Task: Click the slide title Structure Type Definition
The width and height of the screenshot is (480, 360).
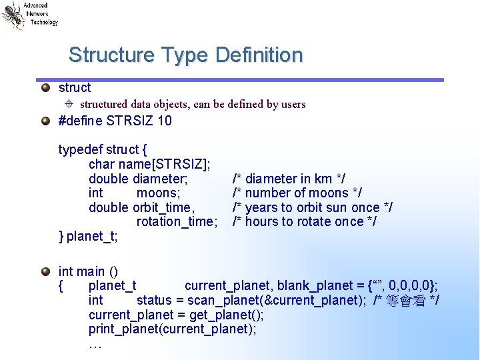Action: point(185,55)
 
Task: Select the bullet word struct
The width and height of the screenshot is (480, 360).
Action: point(75,87)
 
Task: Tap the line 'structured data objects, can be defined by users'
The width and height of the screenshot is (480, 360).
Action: point(193,104)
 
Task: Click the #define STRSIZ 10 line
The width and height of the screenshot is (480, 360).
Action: point(115,121)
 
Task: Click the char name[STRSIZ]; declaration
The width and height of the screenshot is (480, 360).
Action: point(150,164)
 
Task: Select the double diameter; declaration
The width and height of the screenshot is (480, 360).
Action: point(138,179)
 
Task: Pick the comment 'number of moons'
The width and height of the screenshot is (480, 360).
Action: point(297,193)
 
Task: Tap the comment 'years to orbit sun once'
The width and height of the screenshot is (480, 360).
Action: point(312,207)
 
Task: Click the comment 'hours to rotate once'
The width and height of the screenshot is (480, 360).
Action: point(304,221)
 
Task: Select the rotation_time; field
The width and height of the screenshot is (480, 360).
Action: point(177,221)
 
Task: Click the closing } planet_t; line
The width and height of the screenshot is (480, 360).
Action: point(86,236)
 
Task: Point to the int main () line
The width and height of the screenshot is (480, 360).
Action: point(88,271)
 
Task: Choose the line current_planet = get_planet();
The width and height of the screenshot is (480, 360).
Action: point(176,315)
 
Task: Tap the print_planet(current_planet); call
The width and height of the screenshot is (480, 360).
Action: point(172,329)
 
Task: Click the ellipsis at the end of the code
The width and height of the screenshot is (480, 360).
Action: point(95,345)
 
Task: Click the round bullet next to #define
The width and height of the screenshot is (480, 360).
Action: point(45,121)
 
